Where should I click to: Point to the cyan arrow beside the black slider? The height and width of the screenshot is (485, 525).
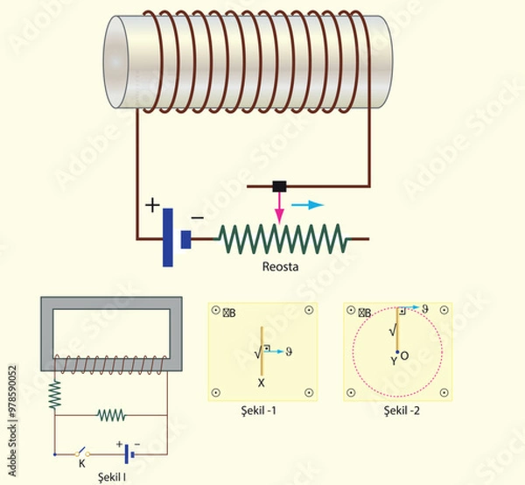(306, 204)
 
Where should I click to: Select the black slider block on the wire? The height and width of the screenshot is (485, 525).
(280, 186)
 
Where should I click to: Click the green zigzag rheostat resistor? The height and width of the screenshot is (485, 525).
(281, 237)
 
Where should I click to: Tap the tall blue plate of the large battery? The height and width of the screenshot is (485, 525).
(166, 236)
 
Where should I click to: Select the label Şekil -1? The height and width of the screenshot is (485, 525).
(262, 410)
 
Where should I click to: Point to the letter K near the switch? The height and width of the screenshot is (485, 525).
(81, 463)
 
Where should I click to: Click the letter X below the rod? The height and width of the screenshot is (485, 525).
(261, 383)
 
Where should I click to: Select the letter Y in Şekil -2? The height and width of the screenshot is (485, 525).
(394, 360)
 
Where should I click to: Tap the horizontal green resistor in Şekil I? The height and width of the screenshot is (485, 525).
(114, 413)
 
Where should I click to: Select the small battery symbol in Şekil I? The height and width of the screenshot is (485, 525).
(129, 453)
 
